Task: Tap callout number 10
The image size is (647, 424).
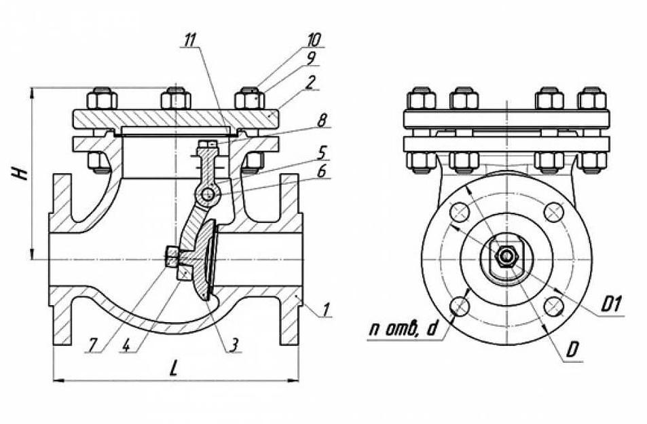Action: [314, 39]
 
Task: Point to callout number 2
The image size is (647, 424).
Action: [310, 82]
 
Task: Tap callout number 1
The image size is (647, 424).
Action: [327, 311]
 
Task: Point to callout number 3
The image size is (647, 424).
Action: [233, 345]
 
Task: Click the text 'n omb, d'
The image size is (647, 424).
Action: [403, 331]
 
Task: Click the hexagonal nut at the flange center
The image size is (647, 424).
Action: [506, 256]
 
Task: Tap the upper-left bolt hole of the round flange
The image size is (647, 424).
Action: [460, 213]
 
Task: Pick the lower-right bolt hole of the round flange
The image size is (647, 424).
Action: [553, 307]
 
